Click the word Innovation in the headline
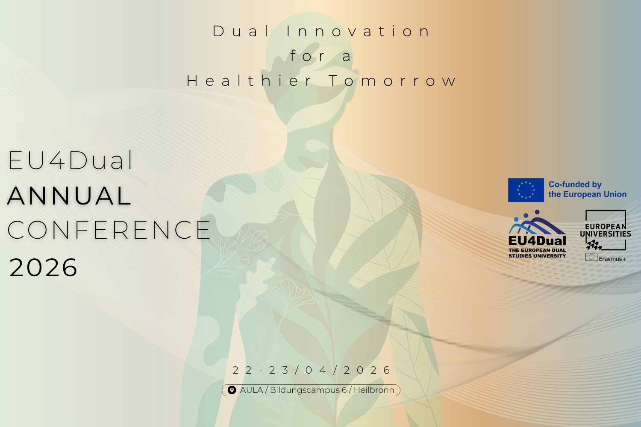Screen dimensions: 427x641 click(x=358, y=32)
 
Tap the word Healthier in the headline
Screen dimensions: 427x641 click(x=249, y=81)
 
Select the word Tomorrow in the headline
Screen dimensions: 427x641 click(x=393, y=81)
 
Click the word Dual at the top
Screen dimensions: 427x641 click(x=241, y=32)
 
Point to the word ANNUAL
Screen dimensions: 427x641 click(x=69, y=196)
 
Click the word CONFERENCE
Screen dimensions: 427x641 click(x=109, y=230)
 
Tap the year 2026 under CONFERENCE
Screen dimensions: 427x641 click(x=43, y=268)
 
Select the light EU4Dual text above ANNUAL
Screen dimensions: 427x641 click(x=71, y=161)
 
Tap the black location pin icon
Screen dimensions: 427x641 click(x=232, y=390)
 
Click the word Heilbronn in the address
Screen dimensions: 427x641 click(x=374, y=390)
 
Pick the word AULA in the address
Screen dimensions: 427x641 click(x=251, y=390)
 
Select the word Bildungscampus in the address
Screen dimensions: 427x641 click(x=305, y=390)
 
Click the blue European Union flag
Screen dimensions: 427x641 click(x=526, y=190)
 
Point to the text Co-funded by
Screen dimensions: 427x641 click(x=575, y=184)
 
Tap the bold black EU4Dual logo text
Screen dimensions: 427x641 click(x=537, y=241)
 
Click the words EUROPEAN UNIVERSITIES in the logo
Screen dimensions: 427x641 click(x=606, y=230)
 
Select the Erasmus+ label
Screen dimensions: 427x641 click(x=612, y=259)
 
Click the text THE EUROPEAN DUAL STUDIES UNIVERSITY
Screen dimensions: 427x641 click(x=537, y=253)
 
